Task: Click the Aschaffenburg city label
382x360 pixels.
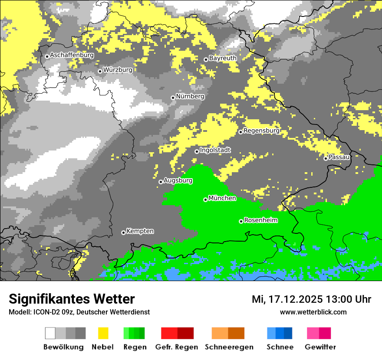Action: pos(72,55)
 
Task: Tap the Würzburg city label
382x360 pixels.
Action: pos(118,69)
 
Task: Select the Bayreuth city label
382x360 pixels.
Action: pos(223,58)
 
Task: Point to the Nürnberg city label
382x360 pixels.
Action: pos(190,96)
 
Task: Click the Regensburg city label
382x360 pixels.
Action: pos(261,130)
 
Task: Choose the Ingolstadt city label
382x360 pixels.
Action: pos(215,150)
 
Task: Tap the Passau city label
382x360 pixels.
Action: pos(339,157)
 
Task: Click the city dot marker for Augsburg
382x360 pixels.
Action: pos(161,182)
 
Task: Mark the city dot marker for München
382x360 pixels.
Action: pos(205,200)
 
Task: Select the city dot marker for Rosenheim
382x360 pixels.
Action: pos(241,221)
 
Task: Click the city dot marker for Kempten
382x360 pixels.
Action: pos(123,232)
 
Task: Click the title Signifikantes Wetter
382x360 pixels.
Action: pos(72,299)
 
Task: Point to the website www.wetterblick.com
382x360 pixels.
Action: pos(313,312)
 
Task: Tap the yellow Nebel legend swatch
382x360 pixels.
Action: pos(103,333)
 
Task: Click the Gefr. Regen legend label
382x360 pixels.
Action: pos(177,347)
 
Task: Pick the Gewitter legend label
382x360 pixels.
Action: pos(320,347)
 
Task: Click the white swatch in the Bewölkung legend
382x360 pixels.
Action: pos(50,333)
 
